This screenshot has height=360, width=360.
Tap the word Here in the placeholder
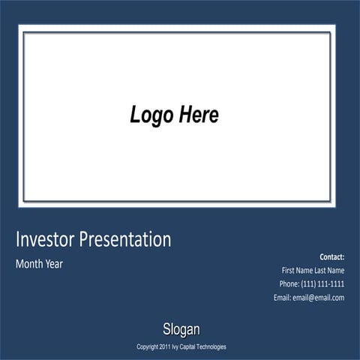point(199,115)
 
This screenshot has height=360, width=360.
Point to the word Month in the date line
point(29,264)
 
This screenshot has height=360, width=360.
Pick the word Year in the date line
point(55,264)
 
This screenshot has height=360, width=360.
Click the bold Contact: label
point(331,256)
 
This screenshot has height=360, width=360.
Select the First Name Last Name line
point(313,270)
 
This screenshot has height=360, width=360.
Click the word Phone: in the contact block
point(289,283)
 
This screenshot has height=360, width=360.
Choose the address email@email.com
point(319,297)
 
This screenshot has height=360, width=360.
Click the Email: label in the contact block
point(282,297)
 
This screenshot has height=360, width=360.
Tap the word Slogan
point(181,329)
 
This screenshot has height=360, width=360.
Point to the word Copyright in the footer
point(147,347)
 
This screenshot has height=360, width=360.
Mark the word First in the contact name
point(289,270)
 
